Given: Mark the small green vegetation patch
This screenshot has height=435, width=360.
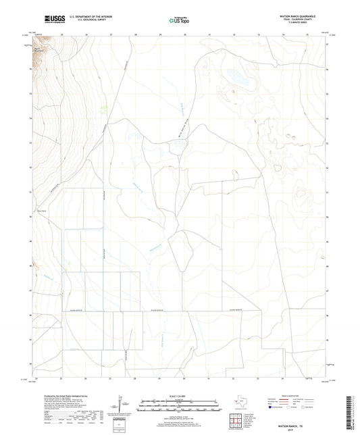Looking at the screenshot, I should coord(103,108).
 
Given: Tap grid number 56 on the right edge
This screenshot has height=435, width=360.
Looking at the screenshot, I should coord(328,69).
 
